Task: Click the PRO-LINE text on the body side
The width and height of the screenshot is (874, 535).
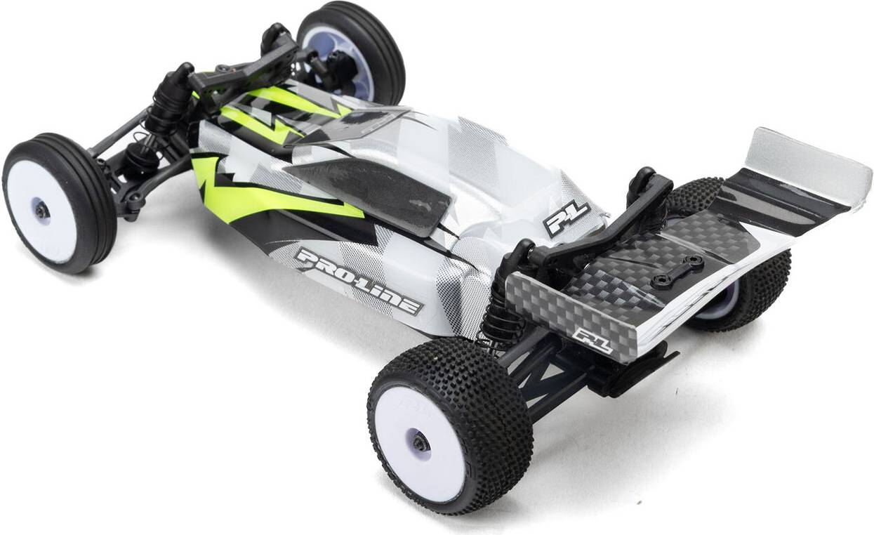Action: (358, 281)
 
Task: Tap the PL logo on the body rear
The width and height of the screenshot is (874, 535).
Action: (566, 220)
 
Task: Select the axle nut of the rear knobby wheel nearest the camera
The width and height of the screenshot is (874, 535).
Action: (420, 443)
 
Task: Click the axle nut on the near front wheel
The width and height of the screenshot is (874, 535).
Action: (41, 211)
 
